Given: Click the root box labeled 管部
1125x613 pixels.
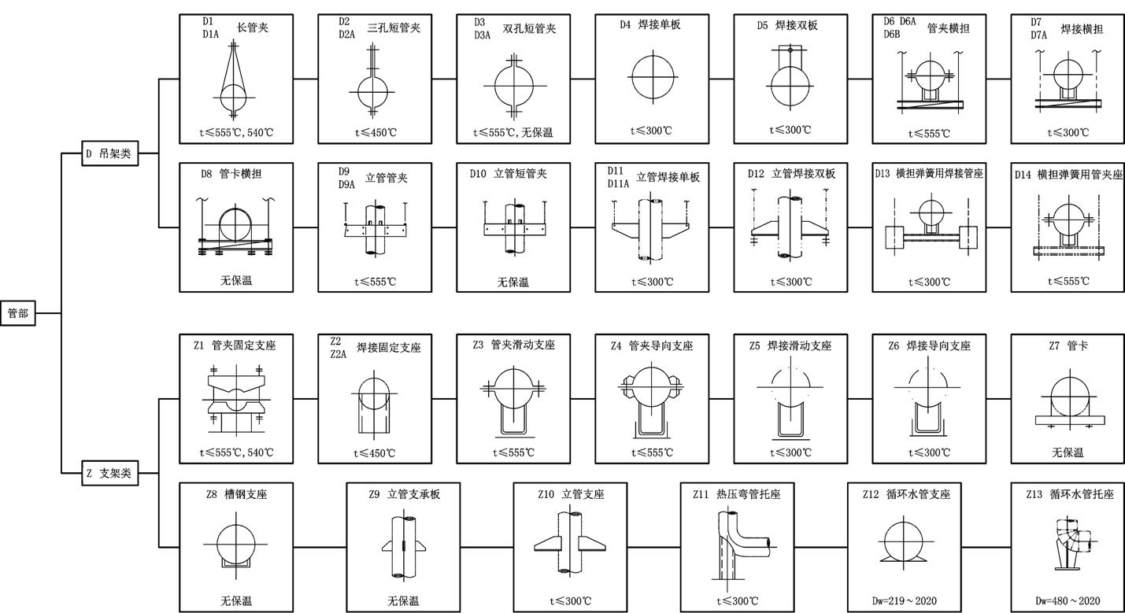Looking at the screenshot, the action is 18,313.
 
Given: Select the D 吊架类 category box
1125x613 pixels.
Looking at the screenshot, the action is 109,154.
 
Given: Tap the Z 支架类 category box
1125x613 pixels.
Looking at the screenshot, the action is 109,474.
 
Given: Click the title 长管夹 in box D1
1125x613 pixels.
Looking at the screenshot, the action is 253,28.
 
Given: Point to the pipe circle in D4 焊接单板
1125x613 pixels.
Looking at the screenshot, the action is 652,78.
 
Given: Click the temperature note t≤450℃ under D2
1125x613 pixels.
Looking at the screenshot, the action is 375,132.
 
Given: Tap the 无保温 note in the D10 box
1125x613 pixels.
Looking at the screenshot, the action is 513,282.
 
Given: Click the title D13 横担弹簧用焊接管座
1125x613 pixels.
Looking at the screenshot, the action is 929,173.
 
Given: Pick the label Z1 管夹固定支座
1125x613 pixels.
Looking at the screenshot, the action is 235,345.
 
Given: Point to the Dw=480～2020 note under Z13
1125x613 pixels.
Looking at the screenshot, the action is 1068,601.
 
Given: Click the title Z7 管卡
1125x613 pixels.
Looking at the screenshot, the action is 1068,345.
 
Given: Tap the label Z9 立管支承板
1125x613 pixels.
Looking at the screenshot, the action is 404,494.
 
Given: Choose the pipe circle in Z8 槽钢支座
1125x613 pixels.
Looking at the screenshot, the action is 235,543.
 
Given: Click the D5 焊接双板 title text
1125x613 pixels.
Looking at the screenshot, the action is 787,25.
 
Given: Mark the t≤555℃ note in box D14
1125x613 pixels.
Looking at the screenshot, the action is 1068,282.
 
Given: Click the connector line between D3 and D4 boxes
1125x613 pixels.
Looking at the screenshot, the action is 583,79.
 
